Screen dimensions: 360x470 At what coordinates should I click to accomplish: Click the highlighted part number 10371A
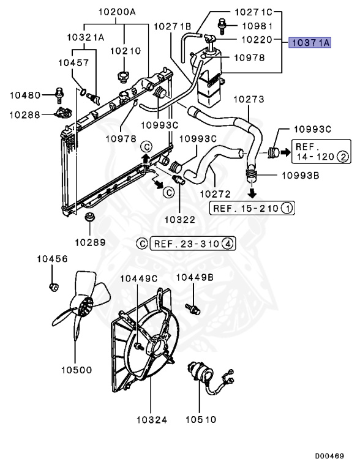[310, 43]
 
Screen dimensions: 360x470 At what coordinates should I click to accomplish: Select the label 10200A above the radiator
[117, 12]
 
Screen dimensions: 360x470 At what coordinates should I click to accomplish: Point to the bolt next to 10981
[222, 26]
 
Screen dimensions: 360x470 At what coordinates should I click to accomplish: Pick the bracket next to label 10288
[62, 112]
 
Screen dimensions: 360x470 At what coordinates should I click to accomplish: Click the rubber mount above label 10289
[89, 217]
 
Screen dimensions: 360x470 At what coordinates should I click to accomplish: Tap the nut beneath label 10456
[54, 287]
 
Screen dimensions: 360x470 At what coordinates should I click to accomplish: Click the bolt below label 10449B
[192, 308]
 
